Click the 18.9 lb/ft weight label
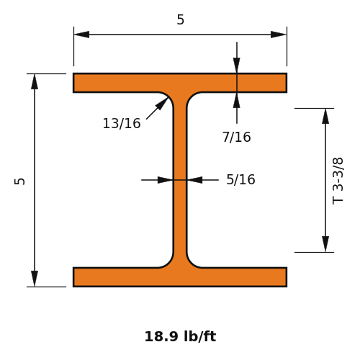pos(180,336)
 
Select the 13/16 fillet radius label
pos(122,124)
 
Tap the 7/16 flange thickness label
pos(237,138)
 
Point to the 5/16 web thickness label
pos(240,179)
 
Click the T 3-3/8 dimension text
pos(338,181)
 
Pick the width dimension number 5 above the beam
pos(181,19)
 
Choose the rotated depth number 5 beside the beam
pos(19,181)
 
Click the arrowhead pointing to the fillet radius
pos(162,104)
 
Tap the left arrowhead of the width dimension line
pos(81,35)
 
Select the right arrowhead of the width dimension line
pos(279,35)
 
